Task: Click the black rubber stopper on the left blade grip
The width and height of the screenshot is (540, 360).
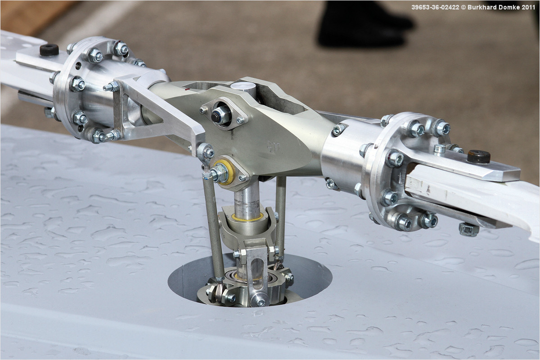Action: click(x=49, y=50)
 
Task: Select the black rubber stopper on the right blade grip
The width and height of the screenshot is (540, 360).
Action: click(x=478, y=157)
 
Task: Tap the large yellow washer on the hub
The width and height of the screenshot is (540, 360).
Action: click(x=226, y=172)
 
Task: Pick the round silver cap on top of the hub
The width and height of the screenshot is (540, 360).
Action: click(x=243, y=86)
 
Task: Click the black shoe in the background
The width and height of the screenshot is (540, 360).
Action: click(x=364, y=24)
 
